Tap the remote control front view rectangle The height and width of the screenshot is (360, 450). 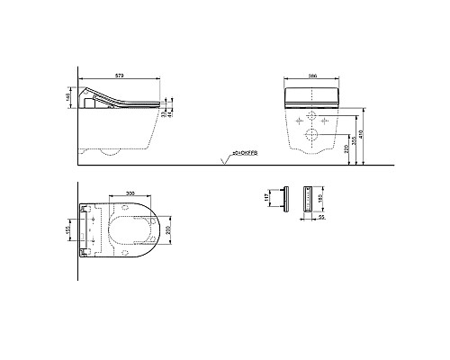pyautogui.click(x=313, y=200)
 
